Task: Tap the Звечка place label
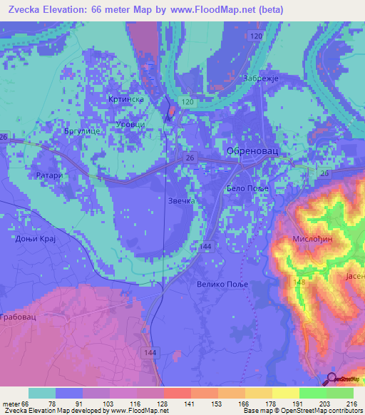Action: click(181, 201)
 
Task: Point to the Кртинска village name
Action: click(126, 99)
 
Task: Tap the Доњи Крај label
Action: click(35, 240)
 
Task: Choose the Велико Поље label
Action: click(219, 285)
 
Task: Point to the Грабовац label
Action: click(18, 315)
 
